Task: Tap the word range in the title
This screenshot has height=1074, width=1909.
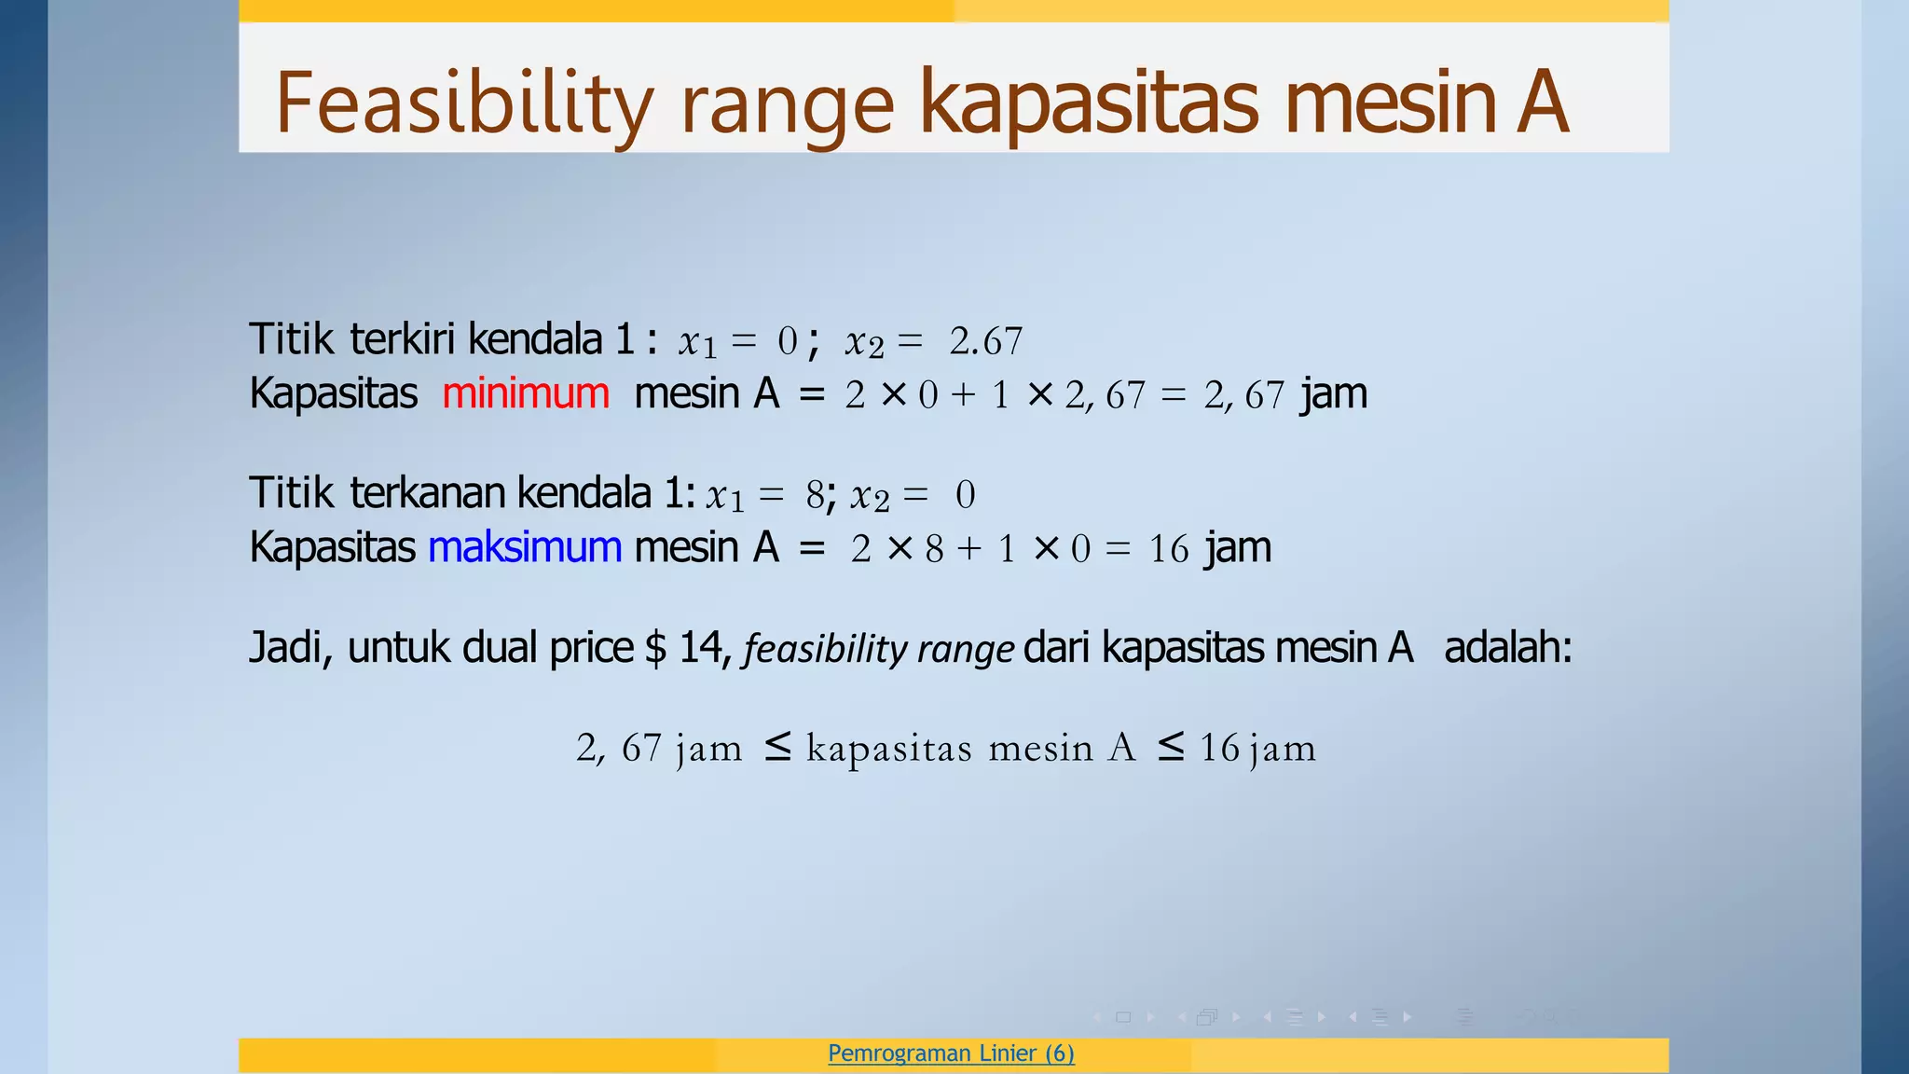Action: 788,108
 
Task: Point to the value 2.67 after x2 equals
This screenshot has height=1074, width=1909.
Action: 985,342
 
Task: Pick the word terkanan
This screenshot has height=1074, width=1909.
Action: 426,493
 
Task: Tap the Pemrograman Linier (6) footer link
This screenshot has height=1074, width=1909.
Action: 951,1053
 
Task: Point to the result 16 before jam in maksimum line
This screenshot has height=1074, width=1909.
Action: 1168,549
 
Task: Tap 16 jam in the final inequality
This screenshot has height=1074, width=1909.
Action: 1257,749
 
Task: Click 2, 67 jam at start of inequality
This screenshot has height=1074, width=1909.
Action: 658,749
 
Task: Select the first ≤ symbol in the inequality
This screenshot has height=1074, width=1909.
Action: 777,746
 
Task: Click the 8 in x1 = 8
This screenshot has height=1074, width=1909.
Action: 815,495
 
